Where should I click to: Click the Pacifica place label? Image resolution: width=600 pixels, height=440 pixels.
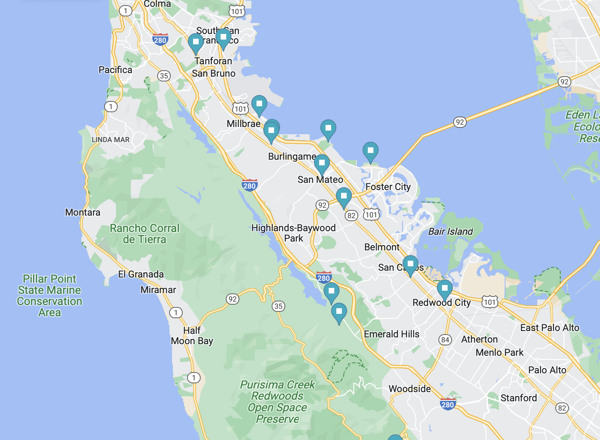[x=115, y=70]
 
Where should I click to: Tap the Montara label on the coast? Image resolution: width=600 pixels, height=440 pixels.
[x=83, y=212]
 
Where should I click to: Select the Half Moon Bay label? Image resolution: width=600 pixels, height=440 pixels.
[x=192, y=336]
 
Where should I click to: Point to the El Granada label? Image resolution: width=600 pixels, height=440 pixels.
[x=141, y=274]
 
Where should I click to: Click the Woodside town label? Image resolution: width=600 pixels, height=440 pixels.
[x=409, y=389]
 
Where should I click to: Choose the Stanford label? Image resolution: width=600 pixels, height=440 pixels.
[x=519, y=398]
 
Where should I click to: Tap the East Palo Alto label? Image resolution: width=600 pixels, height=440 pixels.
[x=549, y=328]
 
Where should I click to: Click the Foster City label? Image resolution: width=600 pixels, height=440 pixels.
[x=388, y=187]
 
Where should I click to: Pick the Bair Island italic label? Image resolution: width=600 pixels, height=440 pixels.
[x=450, y=232]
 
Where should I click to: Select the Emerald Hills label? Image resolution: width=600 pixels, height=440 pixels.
[x=391, y=334]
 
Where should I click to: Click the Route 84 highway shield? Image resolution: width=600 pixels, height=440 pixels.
[x=445, y=340]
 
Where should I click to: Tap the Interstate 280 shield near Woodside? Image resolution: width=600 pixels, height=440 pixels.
[x=448, y=404]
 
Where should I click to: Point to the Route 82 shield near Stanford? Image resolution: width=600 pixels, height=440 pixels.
[x=562, y=408]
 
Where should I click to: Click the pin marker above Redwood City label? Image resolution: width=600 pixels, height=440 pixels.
[x=444, y=289]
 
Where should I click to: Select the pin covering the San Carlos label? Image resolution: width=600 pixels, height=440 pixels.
[x=410, y=265]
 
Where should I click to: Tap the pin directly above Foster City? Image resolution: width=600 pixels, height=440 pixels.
[x=370, y=151]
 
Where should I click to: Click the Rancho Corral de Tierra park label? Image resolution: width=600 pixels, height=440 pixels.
[x=144, y=234]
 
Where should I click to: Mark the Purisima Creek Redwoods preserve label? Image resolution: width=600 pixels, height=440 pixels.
[x=277, y=402]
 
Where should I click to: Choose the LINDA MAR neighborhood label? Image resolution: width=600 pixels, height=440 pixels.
[x=111, y=140]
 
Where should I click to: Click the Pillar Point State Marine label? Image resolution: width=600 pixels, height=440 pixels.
[x=49, y=295]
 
